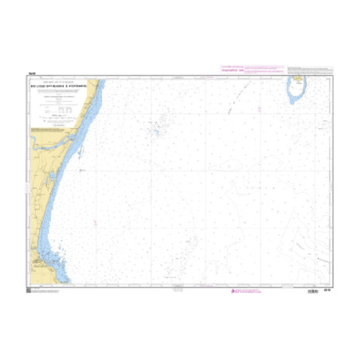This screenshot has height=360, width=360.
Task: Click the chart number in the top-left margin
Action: point(31,75)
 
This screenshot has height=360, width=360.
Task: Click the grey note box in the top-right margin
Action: point(308,70)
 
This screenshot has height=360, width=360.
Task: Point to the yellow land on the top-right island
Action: point(297,82)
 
